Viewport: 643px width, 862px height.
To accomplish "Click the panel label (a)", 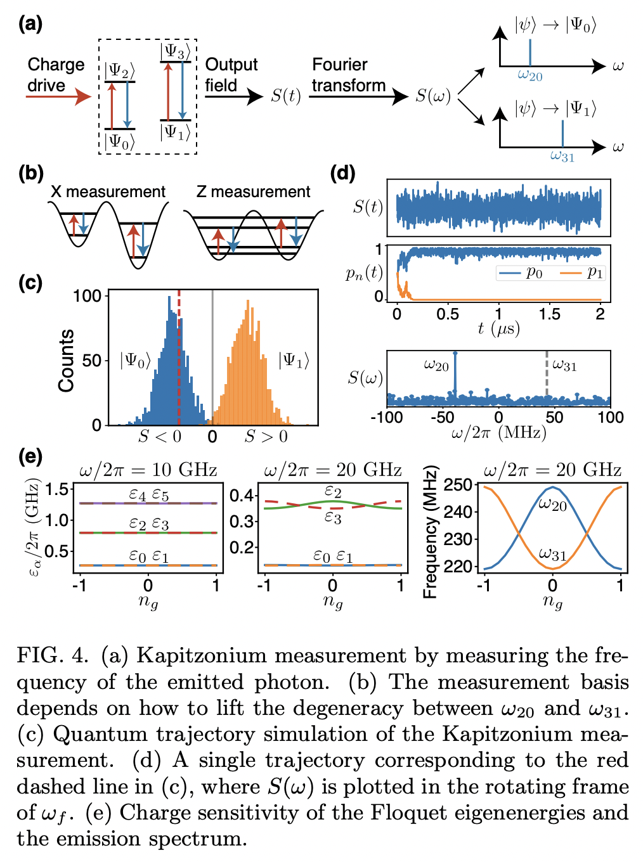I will [x=30, y=23].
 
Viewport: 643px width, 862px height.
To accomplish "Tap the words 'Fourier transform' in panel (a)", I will [x=348, y=75].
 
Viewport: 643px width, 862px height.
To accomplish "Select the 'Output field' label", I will [x=231, y=75].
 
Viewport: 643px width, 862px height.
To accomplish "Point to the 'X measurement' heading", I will [x=108, y=191].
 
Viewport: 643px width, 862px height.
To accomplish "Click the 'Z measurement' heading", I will [x=253, y=191].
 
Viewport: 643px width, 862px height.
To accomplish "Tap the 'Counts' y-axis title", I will [x=67, y=360].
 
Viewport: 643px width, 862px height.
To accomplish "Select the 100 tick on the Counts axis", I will [x=88, y=296].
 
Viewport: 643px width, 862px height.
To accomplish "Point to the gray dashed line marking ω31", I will [x=547, y=377].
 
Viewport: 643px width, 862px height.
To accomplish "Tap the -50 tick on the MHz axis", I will [x=442, y=417].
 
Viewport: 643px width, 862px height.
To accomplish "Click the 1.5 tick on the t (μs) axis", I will [x=549, y=314].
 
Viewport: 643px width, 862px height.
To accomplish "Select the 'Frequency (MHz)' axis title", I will [x=431, y=532].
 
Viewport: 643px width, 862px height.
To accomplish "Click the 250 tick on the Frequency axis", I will [x=458, y=486].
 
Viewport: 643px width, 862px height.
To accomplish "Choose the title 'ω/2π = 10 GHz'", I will [x=148, y=470].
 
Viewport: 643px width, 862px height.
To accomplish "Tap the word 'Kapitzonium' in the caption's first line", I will [x=202, y=655].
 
